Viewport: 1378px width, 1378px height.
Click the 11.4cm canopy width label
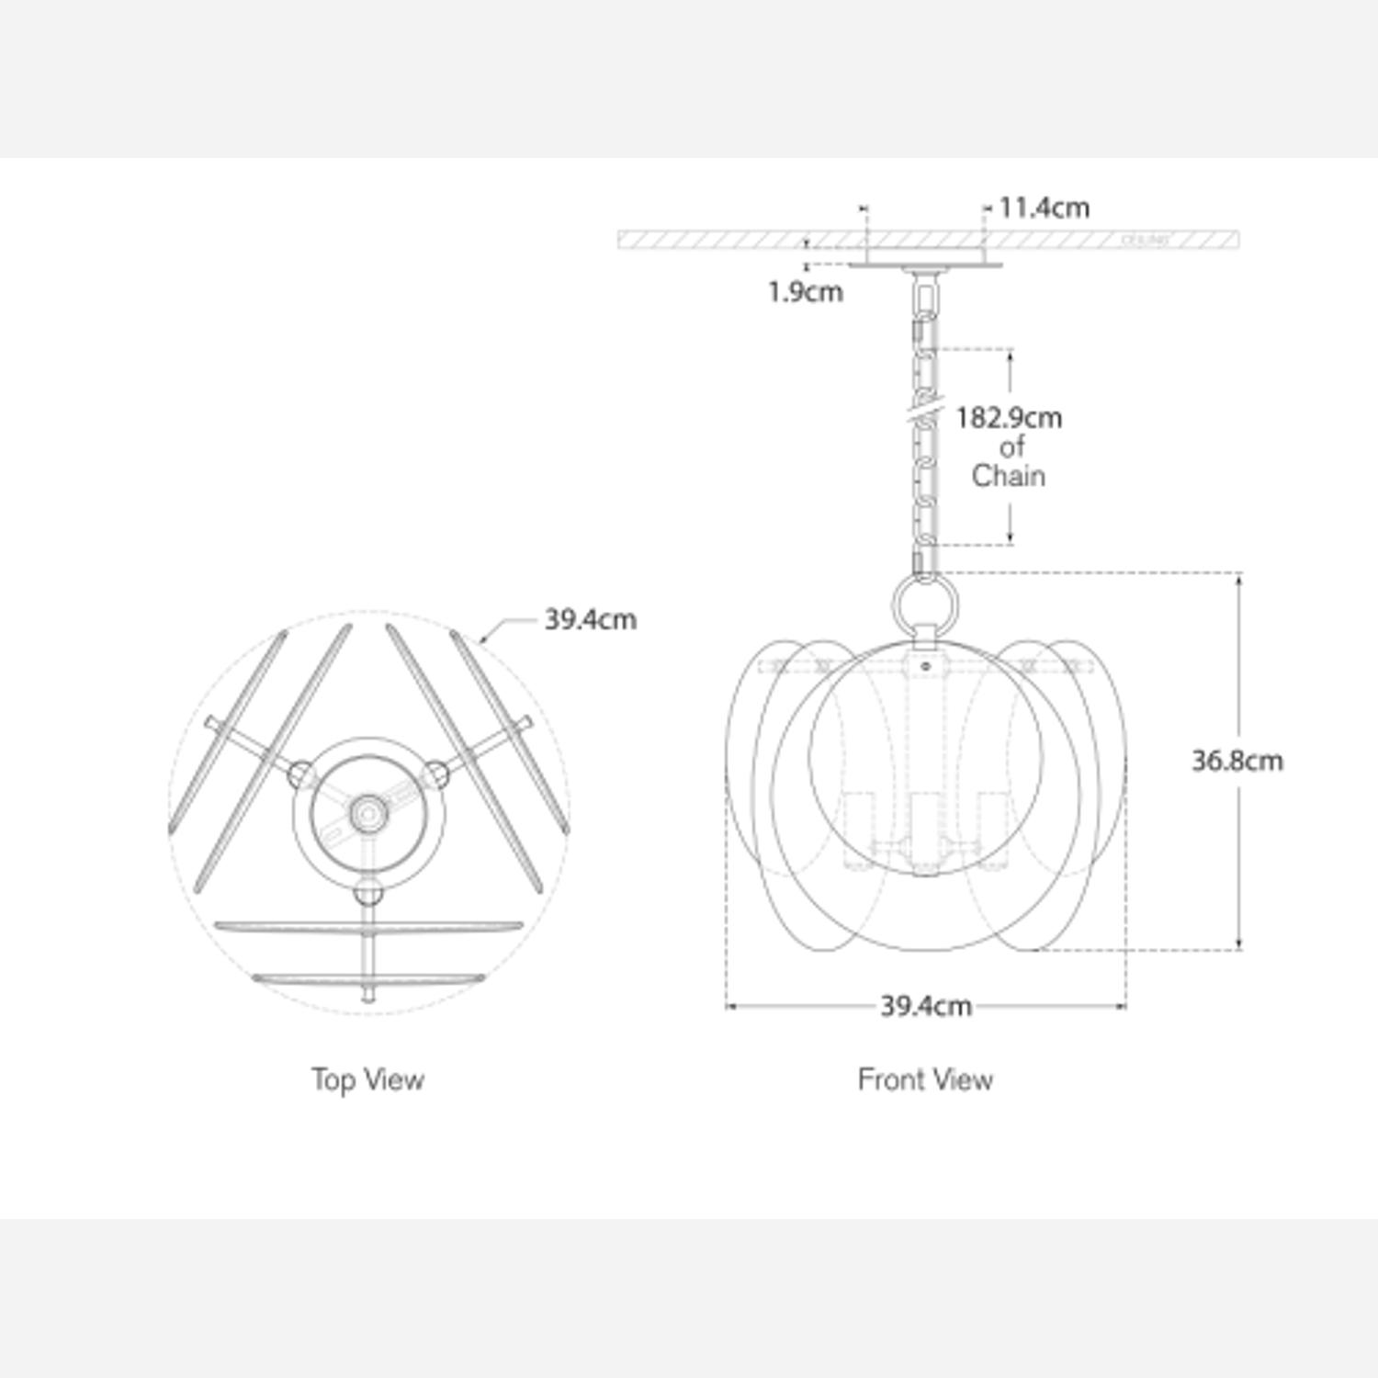point(1044,208)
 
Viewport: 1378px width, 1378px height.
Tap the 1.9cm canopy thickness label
point(806,292)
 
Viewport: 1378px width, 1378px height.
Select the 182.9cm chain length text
point(1009,418)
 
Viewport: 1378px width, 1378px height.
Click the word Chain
point(1009,476)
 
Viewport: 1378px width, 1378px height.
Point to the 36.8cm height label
point(1237,761)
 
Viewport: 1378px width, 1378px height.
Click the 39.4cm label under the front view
point(925,1006)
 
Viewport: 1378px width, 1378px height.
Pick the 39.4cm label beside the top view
point(590,619)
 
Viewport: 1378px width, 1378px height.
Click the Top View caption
point(367,1079)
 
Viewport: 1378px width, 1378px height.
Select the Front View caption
point(925,1079)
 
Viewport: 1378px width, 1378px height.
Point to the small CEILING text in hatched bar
point(1146,241)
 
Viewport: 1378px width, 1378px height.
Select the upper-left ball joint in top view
point(299,774)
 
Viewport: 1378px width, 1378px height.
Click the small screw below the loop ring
point(926,664)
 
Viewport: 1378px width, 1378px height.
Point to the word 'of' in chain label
point(1011,447)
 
